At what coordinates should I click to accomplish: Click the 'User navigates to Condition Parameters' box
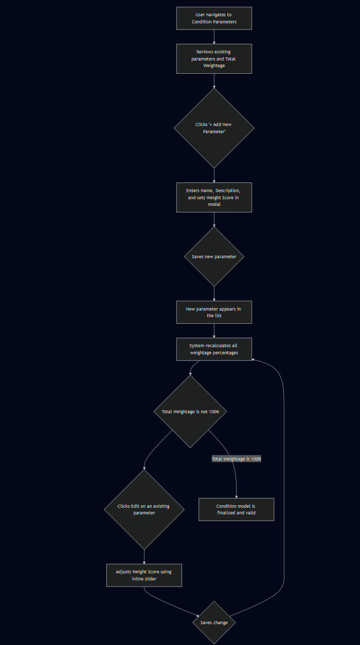(214, 18)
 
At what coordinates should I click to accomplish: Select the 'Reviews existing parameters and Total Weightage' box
(214, 59)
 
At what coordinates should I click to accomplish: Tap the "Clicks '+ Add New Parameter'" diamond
(214, 128)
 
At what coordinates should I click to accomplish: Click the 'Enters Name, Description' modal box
(214, 198)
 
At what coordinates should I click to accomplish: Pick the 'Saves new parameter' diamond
(214, 257)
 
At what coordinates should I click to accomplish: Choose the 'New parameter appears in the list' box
(214, 312)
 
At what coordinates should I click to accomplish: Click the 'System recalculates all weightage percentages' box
(214, 349)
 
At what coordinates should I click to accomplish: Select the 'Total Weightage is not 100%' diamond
(190, 412)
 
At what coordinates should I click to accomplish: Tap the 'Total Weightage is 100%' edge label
(236, 459)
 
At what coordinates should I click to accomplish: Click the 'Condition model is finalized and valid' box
(236, 509)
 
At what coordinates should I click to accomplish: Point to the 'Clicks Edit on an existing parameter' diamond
(144, 509)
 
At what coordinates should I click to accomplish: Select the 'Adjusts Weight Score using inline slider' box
(144, 575)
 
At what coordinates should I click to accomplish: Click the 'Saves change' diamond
(214, 622)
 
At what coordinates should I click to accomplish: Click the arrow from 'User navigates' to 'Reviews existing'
(214, 37)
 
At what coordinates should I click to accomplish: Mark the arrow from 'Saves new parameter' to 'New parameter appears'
(214, 294)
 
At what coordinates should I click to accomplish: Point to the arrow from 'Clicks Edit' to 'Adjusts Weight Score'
(144, 557)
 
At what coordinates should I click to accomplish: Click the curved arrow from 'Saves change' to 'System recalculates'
(284, 489)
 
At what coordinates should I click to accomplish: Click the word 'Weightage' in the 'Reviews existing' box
(214, 66)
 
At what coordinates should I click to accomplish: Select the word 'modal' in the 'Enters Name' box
(214, 204)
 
